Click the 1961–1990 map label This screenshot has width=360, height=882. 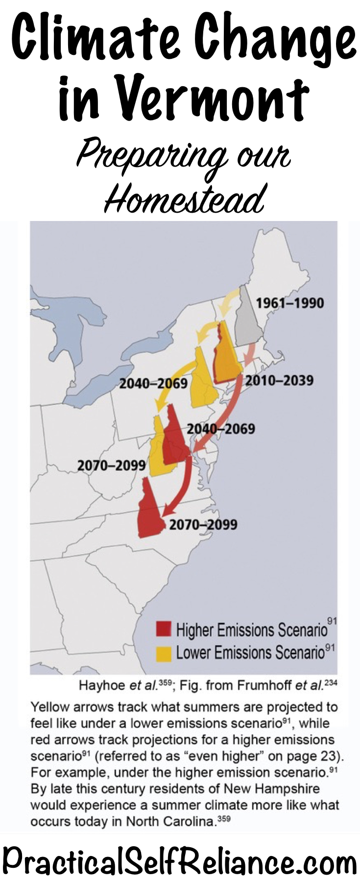coord(289,303)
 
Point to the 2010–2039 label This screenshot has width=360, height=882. coord(279,380)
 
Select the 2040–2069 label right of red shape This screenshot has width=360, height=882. coord(221,429)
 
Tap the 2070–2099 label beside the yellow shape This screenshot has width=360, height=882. coord(112,465)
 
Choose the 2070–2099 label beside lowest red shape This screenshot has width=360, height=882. coord(203,524)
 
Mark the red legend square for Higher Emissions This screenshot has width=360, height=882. coord(164,629)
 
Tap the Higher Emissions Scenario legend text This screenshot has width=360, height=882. coord(251,629)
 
